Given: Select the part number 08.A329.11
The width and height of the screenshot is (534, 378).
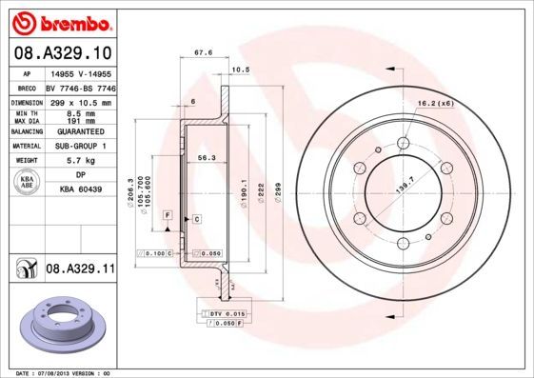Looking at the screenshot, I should (80, 270).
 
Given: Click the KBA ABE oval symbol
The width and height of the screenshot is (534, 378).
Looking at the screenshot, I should (29, 183).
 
